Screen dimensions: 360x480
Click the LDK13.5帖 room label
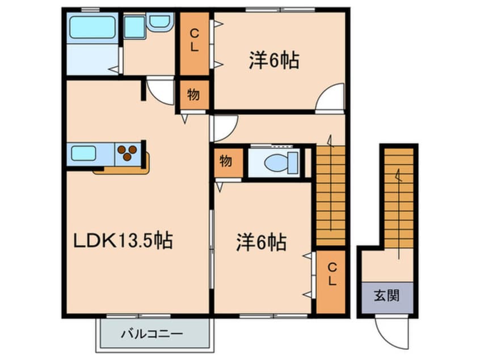pyautogui.click(x=123, y=241)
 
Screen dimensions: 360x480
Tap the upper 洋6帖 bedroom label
pyautogui.click(x=273, y=60)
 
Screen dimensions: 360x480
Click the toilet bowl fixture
pyautogui.click(x=279, y=162)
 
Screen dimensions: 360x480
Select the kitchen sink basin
pyautogui.click(x=83, y=153)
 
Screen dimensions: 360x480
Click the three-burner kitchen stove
pyautogui.click(x=128, y=152)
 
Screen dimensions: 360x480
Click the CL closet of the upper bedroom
pyautogui.click(x=194, y=41)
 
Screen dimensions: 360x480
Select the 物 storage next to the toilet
pyautogui.click(x=226, y=161)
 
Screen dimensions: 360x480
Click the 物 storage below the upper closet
pyautogui.click(x=193, y=95)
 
